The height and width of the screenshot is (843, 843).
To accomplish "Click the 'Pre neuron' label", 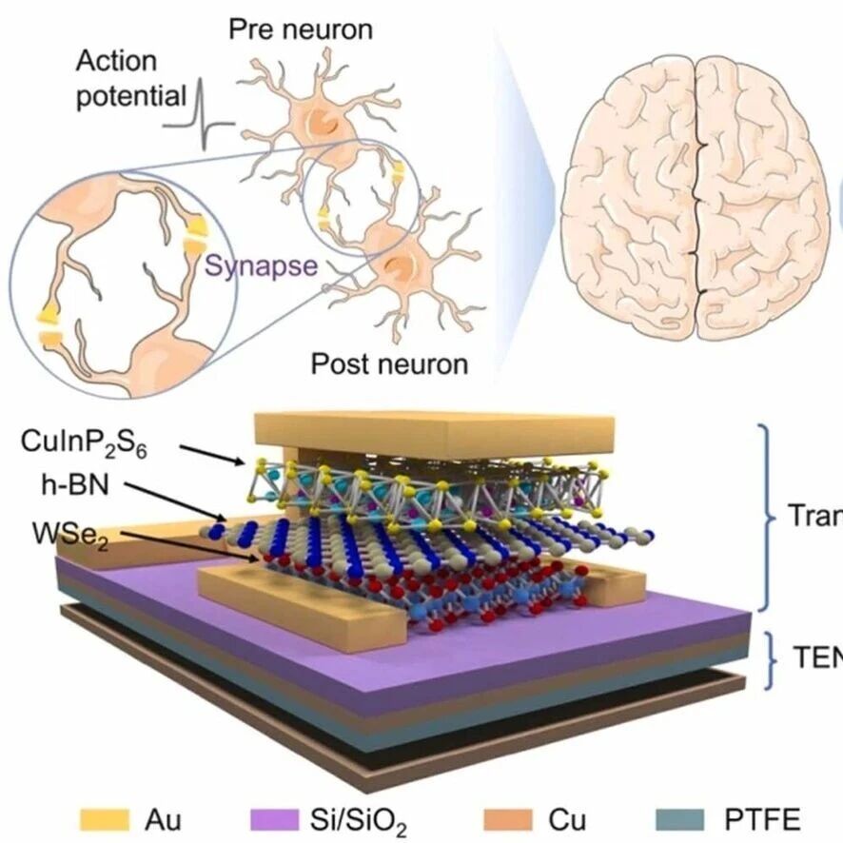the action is (300, 28).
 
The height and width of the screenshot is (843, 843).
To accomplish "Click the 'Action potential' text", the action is (131, 79).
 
